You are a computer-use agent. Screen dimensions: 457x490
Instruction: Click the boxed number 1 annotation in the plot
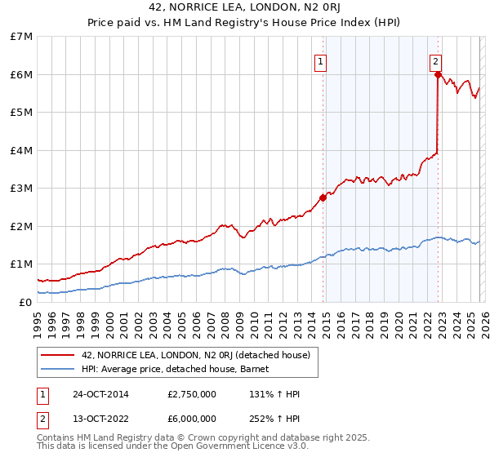click(x=321, y=61)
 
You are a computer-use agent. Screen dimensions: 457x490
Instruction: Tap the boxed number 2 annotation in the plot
click(x=436, y=61)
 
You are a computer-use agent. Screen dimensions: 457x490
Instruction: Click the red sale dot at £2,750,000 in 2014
click(x=323, y=197)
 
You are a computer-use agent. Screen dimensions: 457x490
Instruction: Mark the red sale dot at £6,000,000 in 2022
click(x=438, y=74)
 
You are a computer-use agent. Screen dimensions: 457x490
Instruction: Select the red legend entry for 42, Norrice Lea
click(x=195, y=355)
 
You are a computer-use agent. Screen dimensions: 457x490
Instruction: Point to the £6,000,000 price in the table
click(x=192, y=419)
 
